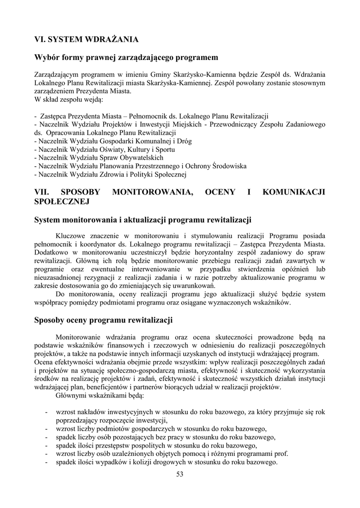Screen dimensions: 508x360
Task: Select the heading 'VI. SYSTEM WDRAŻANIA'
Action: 86,39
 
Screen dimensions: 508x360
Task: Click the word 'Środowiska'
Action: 224,166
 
